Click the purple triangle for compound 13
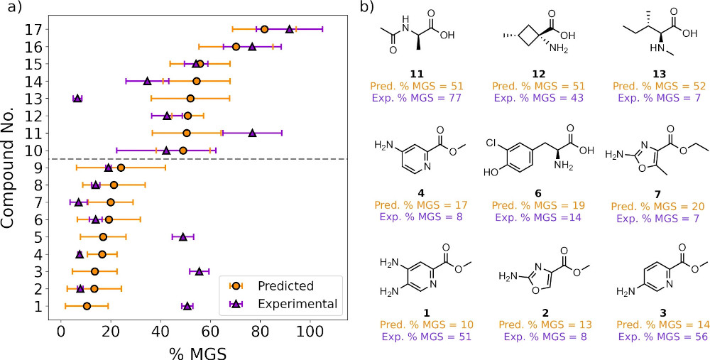pyautogui.click(x=77, y=98)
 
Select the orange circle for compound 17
pyautogui.click(x=264, y=29)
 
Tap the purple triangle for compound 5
pyautogui.click(x=183, y=236)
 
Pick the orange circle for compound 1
pyautogui.click(x=87, y=306)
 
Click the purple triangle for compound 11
pyautogui.click(x=252, y=133)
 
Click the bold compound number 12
pyautogui.click(x=527, y=73)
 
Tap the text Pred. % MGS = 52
pyautogui.click(x=650, y=85)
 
